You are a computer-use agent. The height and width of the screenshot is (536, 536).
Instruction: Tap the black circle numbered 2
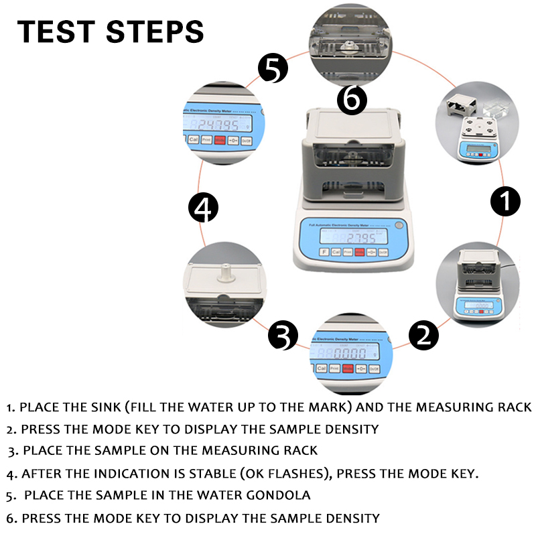pos(423,333)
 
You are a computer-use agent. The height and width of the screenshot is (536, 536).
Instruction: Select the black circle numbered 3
pos(283,334)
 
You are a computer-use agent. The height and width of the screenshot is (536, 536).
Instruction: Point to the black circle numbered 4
pos(204,208)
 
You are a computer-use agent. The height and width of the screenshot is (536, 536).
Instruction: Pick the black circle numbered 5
pos(273,68)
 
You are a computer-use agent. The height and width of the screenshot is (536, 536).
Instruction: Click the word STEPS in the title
pos(155,31)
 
